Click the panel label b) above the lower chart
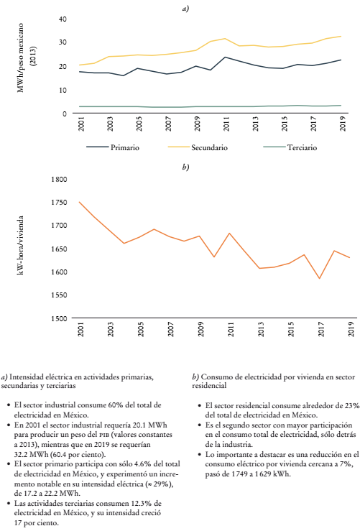[186, 167]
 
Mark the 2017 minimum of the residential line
[320, 279]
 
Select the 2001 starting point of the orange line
[79, 202]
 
